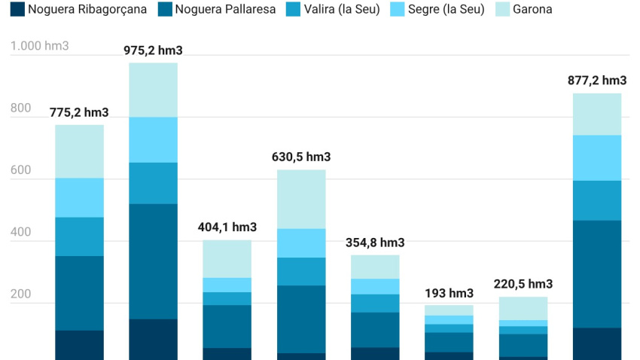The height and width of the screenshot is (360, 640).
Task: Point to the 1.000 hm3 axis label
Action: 39,46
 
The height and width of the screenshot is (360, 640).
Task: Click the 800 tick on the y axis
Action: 20,108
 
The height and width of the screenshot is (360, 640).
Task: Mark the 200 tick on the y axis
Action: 20,294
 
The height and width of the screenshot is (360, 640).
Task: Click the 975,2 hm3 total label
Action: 153,50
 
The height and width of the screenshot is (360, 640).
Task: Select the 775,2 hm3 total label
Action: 79,113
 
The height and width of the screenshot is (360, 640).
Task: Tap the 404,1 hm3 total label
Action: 227,227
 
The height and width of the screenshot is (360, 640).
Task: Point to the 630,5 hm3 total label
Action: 301,157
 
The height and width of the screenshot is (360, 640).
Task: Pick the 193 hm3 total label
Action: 449,293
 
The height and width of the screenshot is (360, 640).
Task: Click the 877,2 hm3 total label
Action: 597,81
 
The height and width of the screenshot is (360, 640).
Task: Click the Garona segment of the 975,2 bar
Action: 153,90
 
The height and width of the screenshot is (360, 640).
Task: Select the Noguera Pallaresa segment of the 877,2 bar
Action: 597,274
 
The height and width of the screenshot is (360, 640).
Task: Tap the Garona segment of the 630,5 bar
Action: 301,199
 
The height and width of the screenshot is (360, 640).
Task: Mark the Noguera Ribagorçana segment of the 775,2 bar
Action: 79,345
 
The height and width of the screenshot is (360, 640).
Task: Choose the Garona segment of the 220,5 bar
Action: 523,308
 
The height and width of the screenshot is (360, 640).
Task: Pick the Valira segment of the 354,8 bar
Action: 375,303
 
